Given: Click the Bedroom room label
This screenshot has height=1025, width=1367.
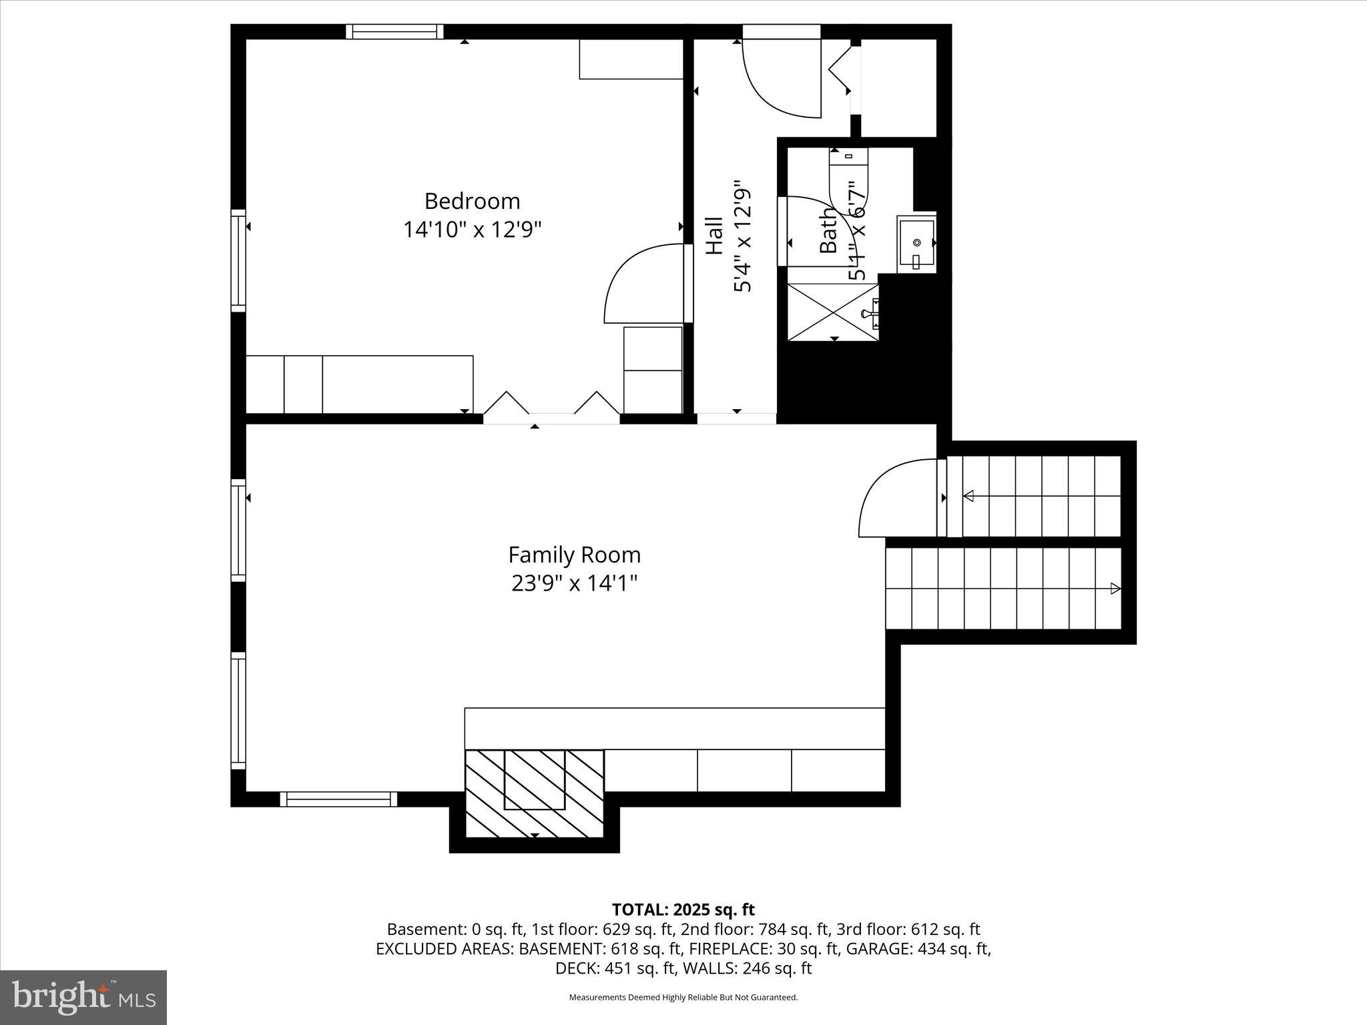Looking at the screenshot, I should click(472, 201).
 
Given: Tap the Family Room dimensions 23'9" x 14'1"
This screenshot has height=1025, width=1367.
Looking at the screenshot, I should click(574, 584).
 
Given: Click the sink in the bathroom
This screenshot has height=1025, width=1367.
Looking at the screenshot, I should click(916, 243).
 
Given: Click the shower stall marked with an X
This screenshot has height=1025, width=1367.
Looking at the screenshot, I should click(833, 312).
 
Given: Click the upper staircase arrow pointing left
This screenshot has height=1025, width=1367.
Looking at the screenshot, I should click(969, 496).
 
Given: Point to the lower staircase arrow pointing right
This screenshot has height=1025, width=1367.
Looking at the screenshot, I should click(1115, 589).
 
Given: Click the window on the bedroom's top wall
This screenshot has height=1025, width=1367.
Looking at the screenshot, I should click(394, 31).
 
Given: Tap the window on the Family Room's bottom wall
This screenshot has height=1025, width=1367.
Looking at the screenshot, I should click(338, 799).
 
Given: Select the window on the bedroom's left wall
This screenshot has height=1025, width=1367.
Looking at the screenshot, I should click(238, 260).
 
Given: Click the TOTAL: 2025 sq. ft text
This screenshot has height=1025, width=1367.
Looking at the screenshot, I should click(683, 910).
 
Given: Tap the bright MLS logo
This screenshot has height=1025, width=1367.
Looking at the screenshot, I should click(83, 997).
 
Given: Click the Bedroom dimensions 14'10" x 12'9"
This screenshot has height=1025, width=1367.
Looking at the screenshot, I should click(472, 230).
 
